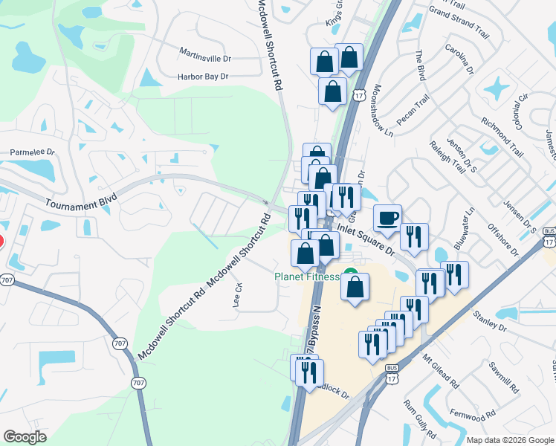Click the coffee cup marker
point(387,217)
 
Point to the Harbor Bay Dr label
point(202,76)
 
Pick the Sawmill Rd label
point(502,377)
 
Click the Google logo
point(25,437)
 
